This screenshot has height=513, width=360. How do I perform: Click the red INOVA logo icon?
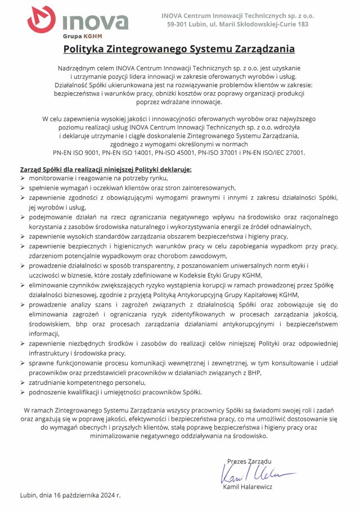pyautogui.click(x=41, y=19)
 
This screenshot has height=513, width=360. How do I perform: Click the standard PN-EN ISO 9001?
pyautogui.click(x=78, y=152)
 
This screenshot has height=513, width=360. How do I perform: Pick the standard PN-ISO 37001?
pyautogui.click(x=225, y=152)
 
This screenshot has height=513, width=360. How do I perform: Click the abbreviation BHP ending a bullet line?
pyautogui.click(x=255, y=372)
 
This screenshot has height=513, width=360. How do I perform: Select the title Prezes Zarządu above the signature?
pyautogui.click(x=249, y=461)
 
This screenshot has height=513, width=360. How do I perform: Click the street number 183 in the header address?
pyautogui.click(x=302, y=24)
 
